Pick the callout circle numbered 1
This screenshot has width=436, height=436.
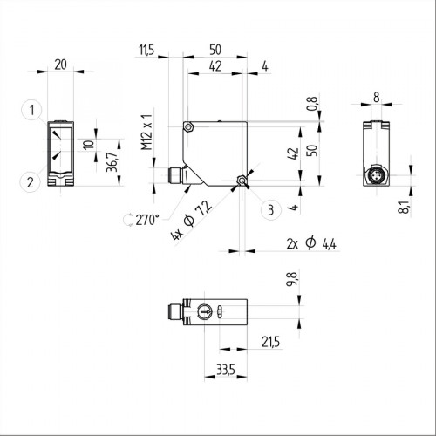[31, 110]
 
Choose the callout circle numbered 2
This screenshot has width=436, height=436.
[31, 182]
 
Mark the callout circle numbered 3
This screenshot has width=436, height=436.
[271, 209]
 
